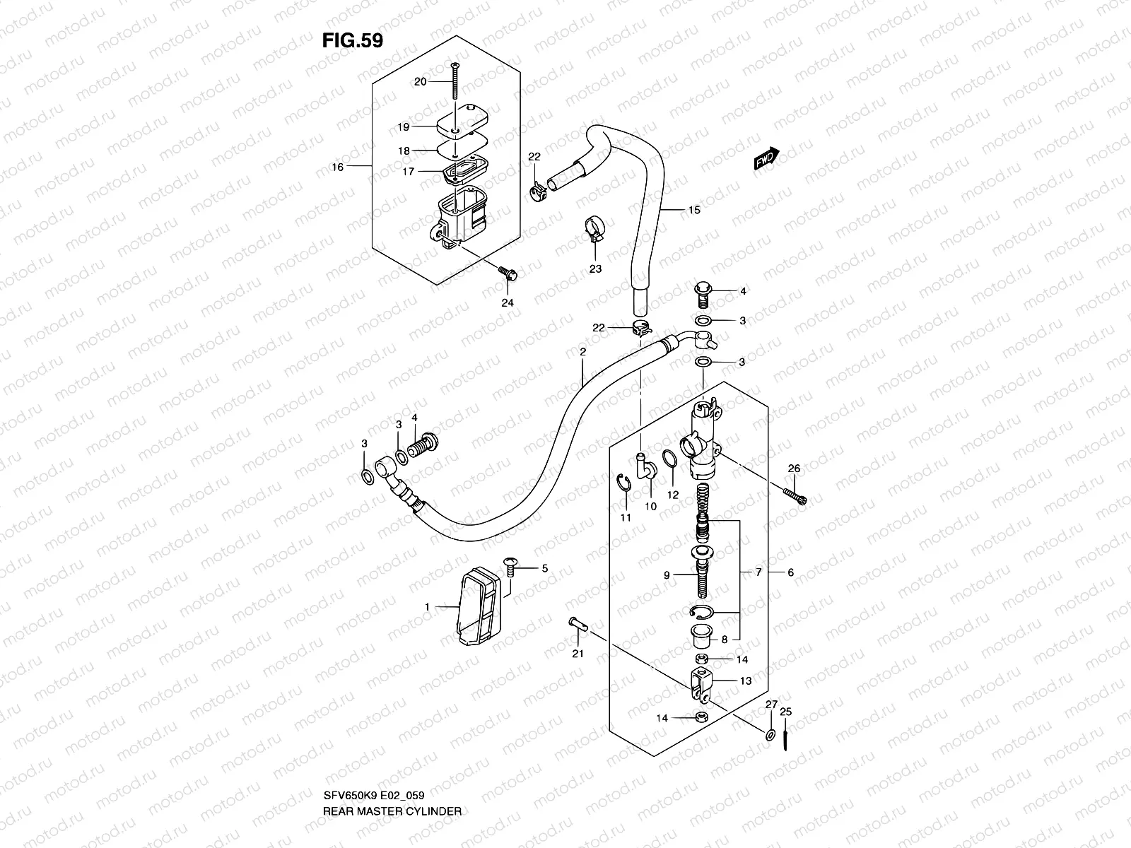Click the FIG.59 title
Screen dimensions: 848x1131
coord(353,40)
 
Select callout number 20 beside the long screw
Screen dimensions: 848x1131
coord(420,82)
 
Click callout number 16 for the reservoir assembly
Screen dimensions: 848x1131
coord(337,167)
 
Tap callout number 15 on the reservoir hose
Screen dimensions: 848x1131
coord(694,210)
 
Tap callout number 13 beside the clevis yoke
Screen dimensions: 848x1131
coord(746,681)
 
